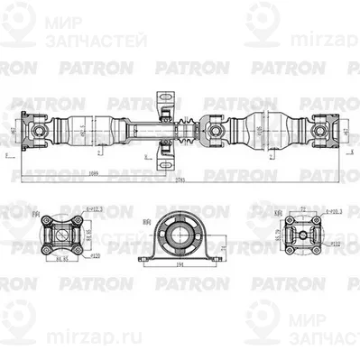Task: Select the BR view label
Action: (147, 219)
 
